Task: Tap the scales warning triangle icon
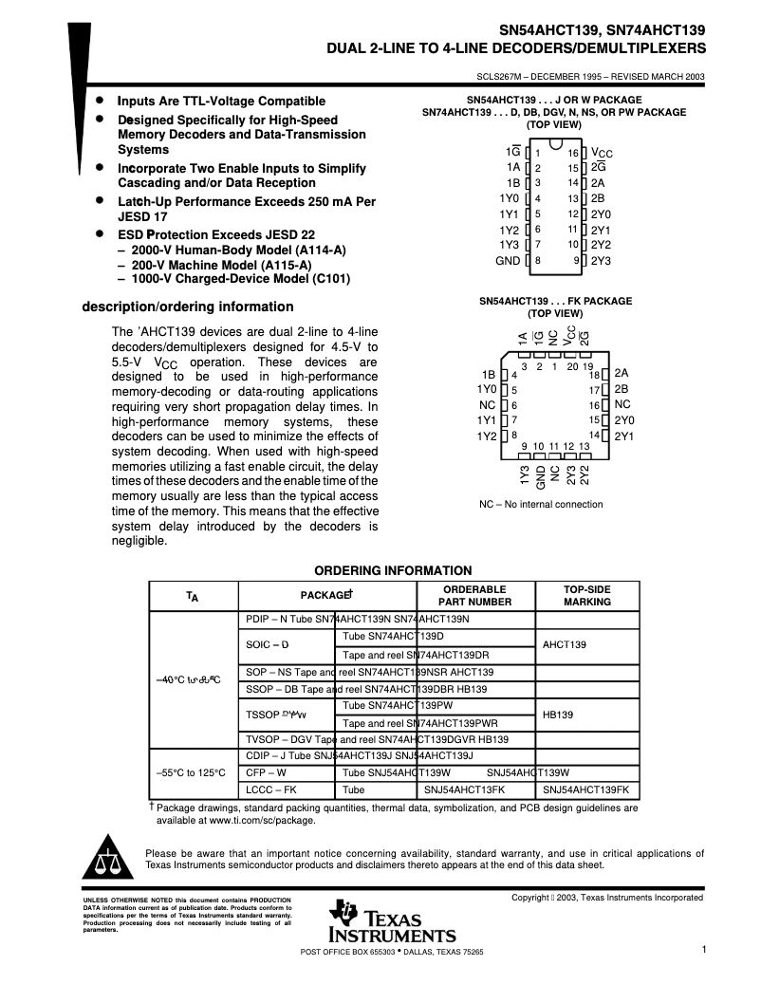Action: click(x=108, y=859)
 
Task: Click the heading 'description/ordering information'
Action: click(x=188, y=306)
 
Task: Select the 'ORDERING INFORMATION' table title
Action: click(x=393, y=570)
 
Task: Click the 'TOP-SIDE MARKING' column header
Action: click(x=587, y=596)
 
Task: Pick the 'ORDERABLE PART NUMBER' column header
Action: click(x=474, y=596)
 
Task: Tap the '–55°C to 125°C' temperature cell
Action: click(x=190, y=772)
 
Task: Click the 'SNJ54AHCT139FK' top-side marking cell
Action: click(x=588, y=789)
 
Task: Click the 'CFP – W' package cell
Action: click(x=267, y=772)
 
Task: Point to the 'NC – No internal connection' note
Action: click(x=541, y=504)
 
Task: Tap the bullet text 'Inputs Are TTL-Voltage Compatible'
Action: click(x=221, y=101)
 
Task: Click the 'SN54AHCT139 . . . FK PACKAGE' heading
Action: click(x=554, y=301)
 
